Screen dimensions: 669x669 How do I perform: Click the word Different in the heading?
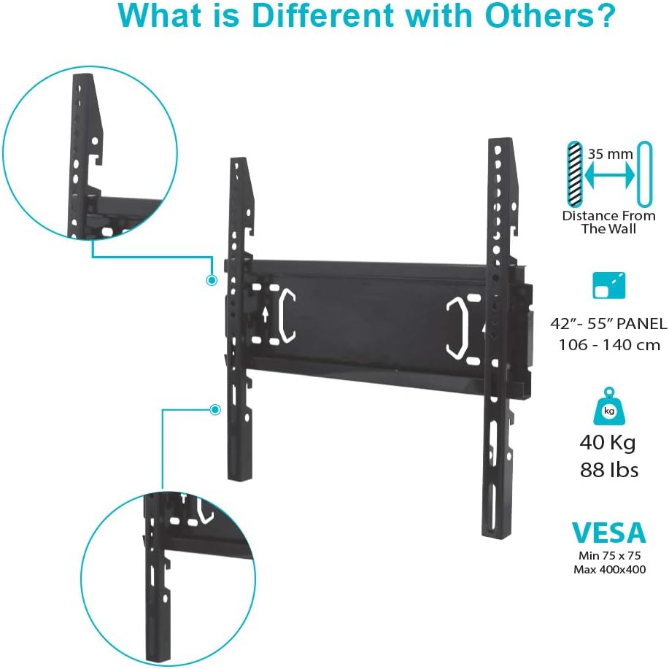[x=322, y=15]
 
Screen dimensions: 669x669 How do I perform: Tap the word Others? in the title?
[x=550, y=15]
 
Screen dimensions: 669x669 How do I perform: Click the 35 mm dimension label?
[x=610, y=154]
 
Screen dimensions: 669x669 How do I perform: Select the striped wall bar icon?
[x=575, y=174]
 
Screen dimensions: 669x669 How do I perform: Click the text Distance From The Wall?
[x=609, y=222]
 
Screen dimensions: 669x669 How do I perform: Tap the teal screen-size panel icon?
[x=609, y=285]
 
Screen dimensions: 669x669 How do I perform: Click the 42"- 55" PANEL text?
[x=608, y=323]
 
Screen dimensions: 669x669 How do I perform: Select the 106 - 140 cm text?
[x=609, y=345]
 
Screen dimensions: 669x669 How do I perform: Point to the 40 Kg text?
[x=608, y=443]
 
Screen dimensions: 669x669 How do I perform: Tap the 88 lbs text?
[x=609, y=470]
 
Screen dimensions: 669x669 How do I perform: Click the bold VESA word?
[x=609, y=533]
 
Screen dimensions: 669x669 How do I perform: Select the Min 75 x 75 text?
[x=609, y=555]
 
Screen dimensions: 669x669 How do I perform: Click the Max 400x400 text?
[x=609, y=569]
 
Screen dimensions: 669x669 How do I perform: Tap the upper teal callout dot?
[x=212, y=280]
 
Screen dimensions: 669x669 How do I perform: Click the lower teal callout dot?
[x=215, y=409]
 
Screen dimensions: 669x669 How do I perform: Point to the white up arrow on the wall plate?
[x=266, y=314]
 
